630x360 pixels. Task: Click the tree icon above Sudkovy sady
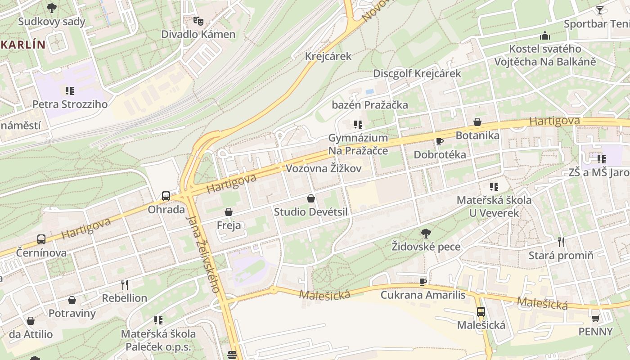pos(52,8)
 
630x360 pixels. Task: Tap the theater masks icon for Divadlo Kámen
pos(198,20)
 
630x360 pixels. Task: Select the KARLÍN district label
pos(23,45)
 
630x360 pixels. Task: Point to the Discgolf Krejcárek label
pos(417,73)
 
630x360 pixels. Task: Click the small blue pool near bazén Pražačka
pos(370,91)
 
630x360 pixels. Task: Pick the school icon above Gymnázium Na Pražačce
pos(358,124)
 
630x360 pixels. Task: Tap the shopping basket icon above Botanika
pos(477,122)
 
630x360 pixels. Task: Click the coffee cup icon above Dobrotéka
pos(440,141)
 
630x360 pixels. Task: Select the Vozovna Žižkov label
pos(324,169)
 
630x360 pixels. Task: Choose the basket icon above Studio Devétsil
pos(310,198)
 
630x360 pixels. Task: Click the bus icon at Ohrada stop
pos(166,196)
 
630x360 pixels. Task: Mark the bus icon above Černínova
pos(41,239)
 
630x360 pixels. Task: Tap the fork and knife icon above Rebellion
pos(125,284)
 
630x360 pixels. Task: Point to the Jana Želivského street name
pos(203,254)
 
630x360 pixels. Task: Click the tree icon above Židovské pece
pos(426,233)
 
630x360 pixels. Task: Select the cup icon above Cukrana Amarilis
pos(423,282)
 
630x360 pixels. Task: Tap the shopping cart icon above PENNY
pos(595,318)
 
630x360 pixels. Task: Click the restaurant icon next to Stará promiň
pos(561,242)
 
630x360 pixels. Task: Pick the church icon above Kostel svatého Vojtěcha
pos(545,35)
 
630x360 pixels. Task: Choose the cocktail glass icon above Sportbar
pos(600,10)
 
